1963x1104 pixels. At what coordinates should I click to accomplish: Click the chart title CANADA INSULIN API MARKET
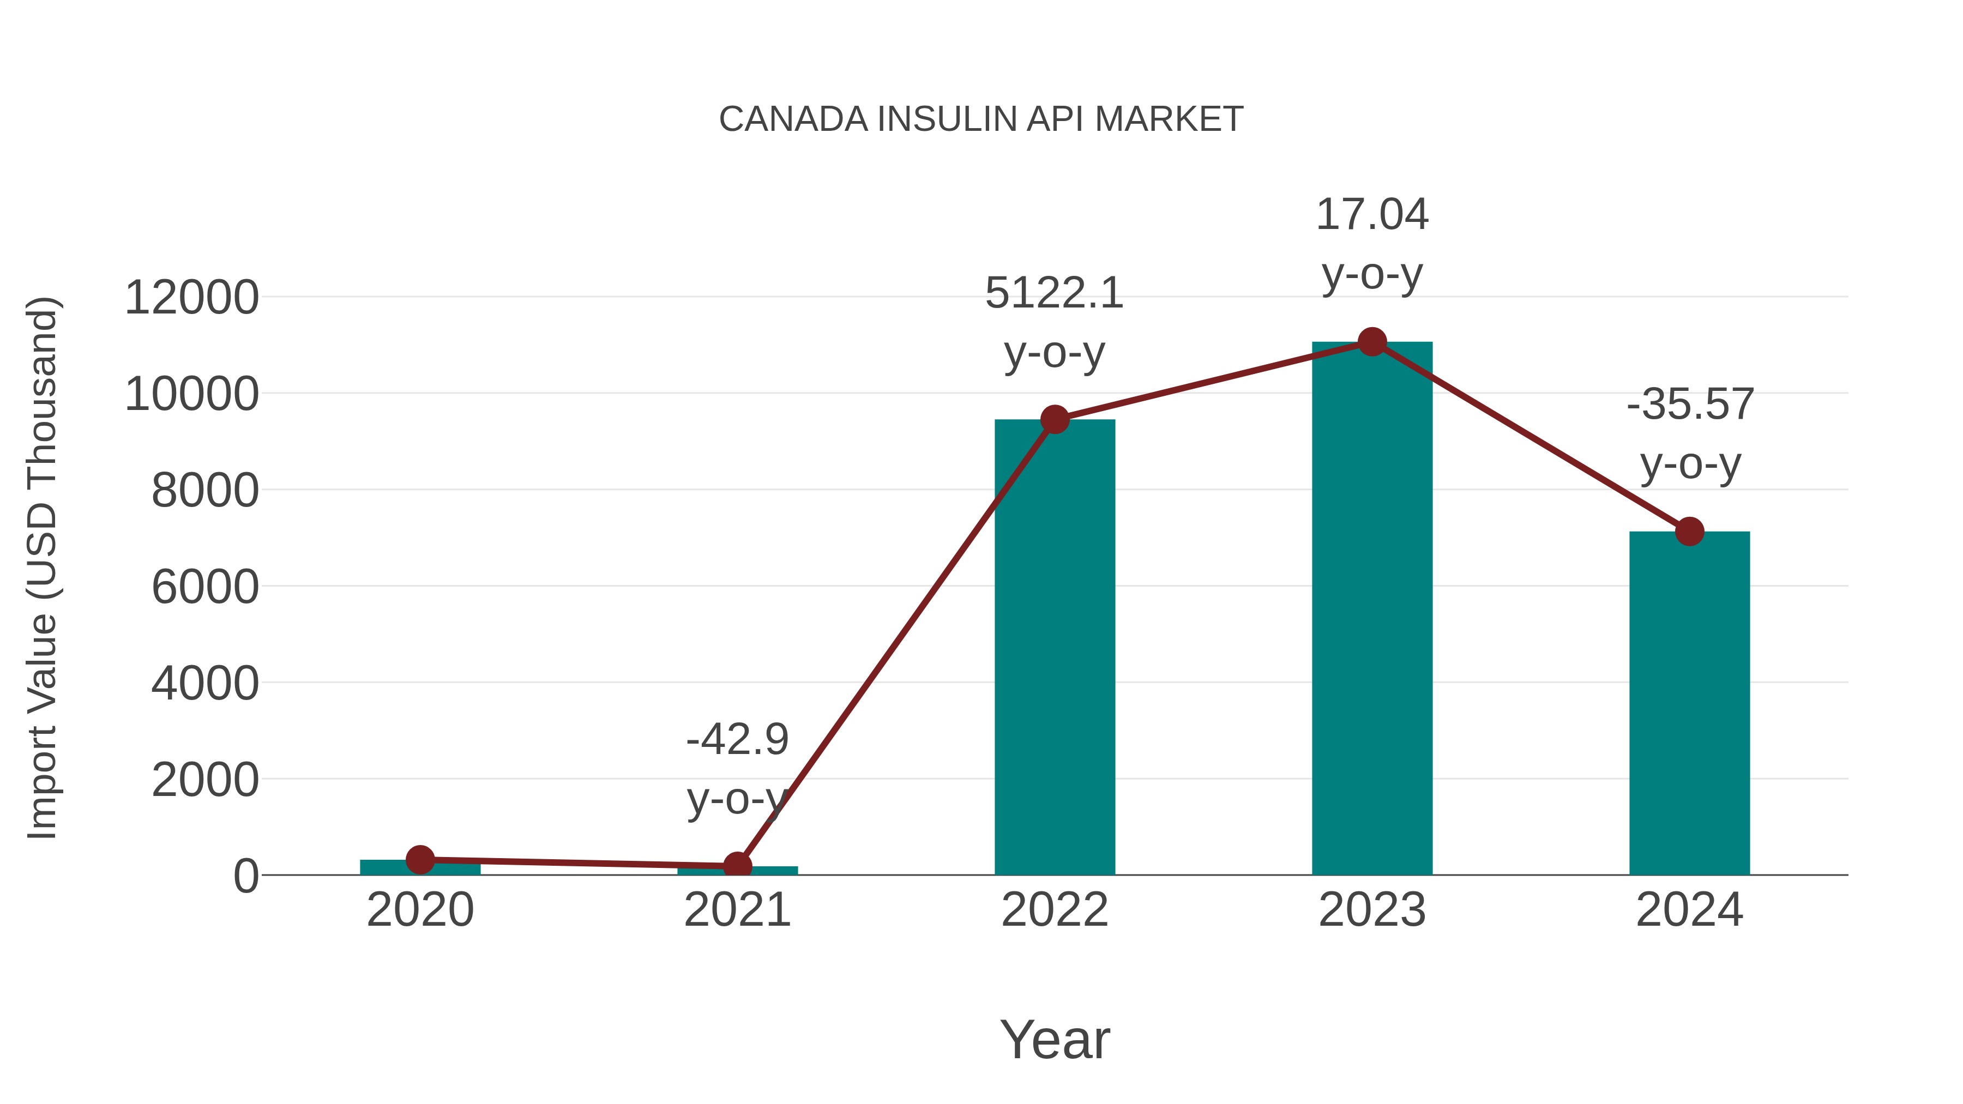click(981, 119)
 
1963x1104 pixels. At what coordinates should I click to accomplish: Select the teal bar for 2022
click(1055, 648)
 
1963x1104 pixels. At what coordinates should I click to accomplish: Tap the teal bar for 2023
click(1372, 610)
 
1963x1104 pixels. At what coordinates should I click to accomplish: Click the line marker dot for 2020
click(420, 859)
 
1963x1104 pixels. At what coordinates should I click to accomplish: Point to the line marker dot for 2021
click(737, 866)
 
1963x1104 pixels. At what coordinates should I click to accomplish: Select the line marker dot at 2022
click(1055, 419)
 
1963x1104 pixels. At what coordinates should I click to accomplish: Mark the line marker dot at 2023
click(1372, 342)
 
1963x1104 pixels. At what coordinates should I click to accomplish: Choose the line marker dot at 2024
click(1689, 531)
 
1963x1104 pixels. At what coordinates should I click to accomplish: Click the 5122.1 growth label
click(1054, 294)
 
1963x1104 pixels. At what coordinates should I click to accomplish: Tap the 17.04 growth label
click(1372, 215)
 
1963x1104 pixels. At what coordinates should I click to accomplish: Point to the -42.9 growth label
click(737, 740)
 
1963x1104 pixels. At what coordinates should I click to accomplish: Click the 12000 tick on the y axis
click(191, 297)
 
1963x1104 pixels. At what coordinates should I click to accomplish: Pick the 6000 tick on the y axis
click(205, 587)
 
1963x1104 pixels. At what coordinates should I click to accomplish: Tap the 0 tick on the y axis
click(245, 876)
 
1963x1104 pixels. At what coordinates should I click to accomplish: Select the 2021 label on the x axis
click(737, 910)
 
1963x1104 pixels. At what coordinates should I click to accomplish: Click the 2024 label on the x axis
click(1689, 910)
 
